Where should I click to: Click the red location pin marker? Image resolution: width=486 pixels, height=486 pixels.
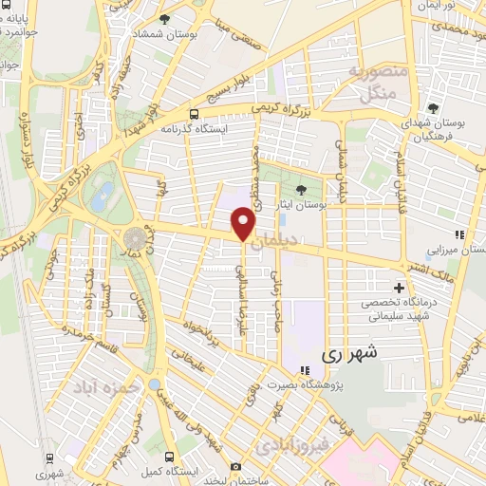click(245, 224)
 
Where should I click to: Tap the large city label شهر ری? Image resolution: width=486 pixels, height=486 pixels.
click(350, 353)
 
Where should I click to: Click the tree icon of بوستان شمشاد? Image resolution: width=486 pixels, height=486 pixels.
click(165, 19)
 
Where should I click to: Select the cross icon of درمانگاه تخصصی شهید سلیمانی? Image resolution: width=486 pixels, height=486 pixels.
click(399, 288)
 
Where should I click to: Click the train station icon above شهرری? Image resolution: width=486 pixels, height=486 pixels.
click(45, 457)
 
